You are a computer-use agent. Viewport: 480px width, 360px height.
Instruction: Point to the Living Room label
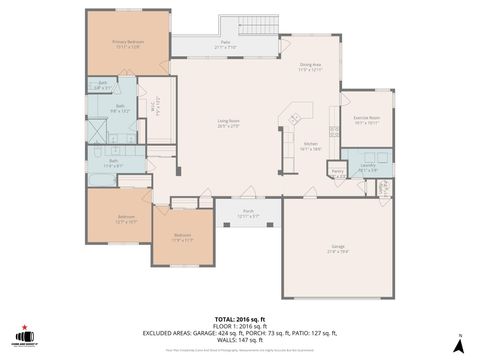click(x=229, y=124)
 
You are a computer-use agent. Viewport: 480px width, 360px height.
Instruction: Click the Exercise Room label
click(x=367, y=120)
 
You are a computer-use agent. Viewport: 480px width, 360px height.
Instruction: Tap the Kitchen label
click(x=310, y=145)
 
